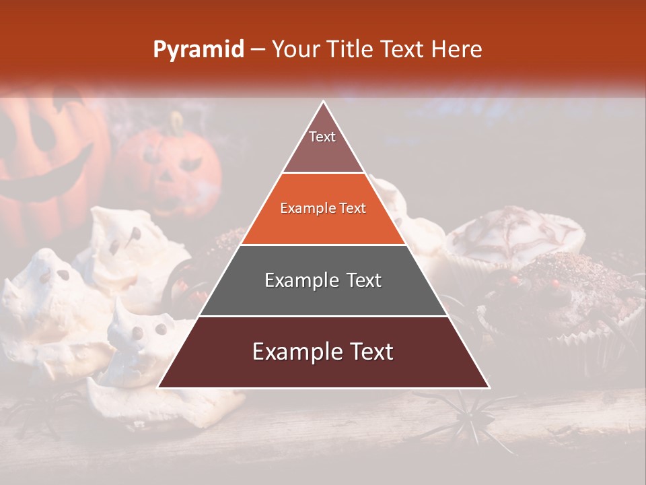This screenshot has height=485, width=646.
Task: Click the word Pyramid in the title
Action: click(198, 50)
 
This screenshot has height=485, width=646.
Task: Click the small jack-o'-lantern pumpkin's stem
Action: click(176, 123)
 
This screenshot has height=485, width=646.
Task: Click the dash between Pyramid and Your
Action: click(257, 50)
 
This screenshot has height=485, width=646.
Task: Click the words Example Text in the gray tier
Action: click(323, 280)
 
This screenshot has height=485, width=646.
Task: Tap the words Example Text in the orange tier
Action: click(323, 208)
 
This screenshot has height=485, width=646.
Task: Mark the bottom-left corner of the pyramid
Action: click(159, 387)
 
